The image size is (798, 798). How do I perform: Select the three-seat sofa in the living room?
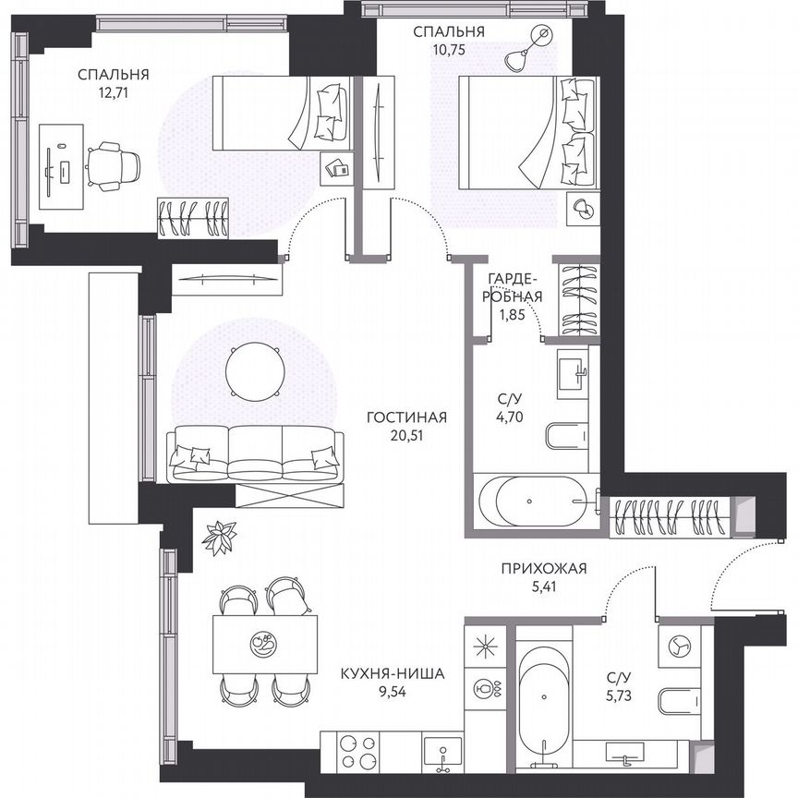coord(254,453)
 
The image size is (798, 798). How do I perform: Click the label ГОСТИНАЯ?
coord(406,417)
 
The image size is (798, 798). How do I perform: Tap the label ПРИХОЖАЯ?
coord(544,568)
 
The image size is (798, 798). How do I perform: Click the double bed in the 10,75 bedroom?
coord(526,132)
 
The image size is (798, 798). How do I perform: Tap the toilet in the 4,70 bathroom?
coord(565,435)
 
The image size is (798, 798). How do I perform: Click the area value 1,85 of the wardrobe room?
coord(509,314)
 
